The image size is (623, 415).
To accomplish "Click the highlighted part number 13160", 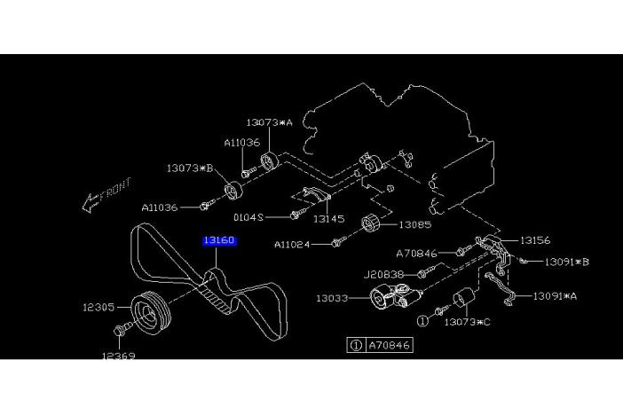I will point(218,240).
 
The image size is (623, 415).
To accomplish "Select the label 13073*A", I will point(269,122).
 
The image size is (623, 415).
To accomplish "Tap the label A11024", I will point(292,245).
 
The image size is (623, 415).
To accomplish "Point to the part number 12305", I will point(99,308).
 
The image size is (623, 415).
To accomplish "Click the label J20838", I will point(382,276).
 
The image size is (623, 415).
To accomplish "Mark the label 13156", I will point(536,239).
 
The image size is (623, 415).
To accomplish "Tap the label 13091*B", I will point(567,262).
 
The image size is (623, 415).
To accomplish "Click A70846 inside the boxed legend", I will point(390,344).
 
